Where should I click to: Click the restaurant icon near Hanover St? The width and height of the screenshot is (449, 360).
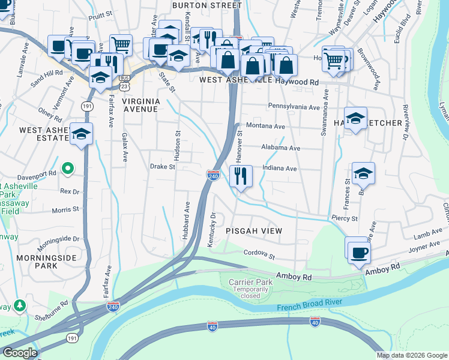[x=241, y=176]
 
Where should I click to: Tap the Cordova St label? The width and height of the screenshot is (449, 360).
[x=259, y=254]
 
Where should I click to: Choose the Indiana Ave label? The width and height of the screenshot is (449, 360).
[x=279, y=169]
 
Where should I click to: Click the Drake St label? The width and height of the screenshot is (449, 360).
[x=162, y=167]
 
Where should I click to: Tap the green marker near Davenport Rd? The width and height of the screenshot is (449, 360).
[x=68, y=169]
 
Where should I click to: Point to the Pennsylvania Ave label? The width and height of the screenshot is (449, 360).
[x=294, y=107]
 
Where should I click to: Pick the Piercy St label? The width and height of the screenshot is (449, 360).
[x=345, y=219]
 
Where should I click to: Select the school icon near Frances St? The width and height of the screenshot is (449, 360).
[x=363, y=174]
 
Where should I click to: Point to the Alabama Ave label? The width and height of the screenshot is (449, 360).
[x=280, y=148]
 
